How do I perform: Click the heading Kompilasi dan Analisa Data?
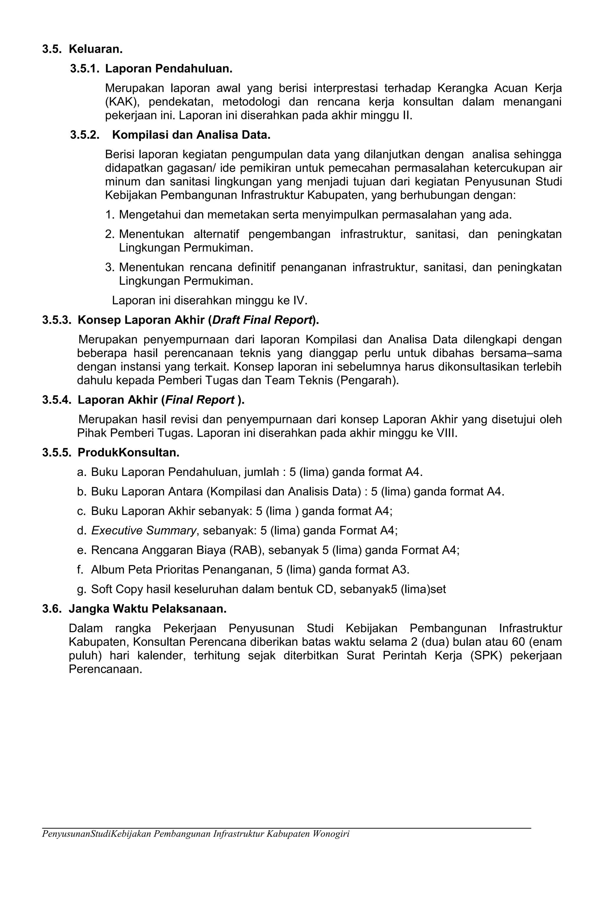(x=191, y=135)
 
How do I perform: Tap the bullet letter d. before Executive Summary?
(x=81, y=530)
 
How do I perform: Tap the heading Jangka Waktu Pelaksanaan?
(x=147, y=609)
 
